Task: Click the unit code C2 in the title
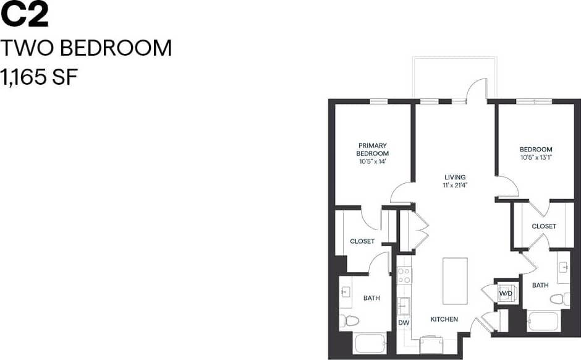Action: tap(25, 15)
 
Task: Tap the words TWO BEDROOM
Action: tap(87, 48)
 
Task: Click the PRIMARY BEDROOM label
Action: tap(372, 150)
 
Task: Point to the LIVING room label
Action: tap(454, 178)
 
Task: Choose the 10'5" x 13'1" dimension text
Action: tap(536, 157)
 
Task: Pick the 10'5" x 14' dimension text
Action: tap(372, 161)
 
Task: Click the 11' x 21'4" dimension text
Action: tap(454, 185)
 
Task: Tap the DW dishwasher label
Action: tap(404, 322)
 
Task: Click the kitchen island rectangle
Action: tap(455, 281)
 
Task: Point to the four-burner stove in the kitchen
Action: tap(404, 275)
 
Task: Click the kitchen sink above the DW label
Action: tap(404, 305)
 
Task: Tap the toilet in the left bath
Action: tap(349, 321)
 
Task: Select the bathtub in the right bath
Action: tap(543, 322)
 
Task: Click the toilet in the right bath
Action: tap(560, 299)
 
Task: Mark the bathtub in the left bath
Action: tap(369, 343)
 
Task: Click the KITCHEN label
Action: tap(444, 319)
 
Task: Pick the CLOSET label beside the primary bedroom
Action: tap(362, 241)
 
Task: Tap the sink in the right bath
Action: tap(563, 267)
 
